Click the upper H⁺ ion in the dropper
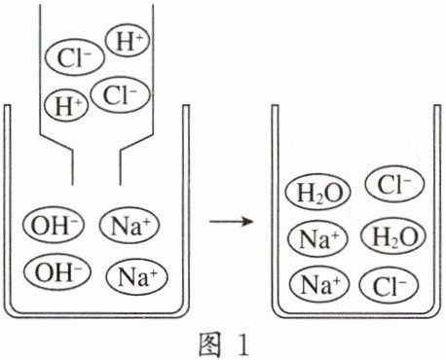tap(128, 41)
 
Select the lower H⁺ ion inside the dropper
tap(66, 105)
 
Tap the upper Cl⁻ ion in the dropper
tap(75, 57)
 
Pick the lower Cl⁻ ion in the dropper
tap(121, 94)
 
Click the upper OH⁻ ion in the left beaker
tap(54, 225)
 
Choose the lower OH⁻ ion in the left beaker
tap(56, 271)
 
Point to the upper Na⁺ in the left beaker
tap(130, 226)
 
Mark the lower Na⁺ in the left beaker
tap(136, 276)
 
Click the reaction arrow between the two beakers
tap(231, 222)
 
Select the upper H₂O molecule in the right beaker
tap(318, 192)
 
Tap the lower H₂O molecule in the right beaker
tap(393, 236)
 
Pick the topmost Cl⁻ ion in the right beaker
tap(394, 184)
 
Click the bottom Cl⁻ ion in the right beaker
tap(389, 285)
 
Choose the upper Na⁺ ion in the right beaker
tap(317, 238)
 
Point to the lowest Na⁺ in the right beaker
tap(319, 284)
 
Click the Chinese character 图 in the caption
tap(210, 344)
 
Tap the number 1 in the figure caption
tap(242, 345)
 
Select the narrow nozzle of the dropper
tap(96, 167)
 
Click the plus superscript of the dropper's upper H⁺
tap(139, 37)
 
